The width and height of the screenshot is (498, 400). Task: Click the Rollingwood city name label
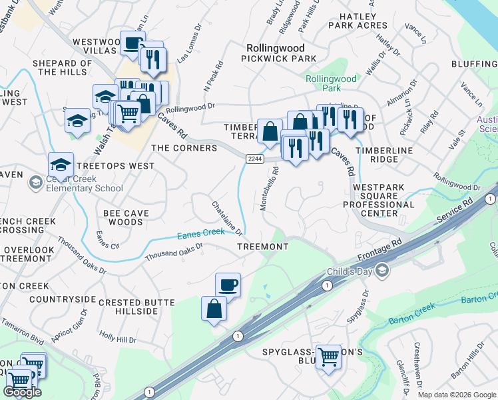tap(275, 48)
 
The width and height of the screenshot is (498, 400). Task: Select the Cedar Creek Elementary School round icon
tap(35, 182)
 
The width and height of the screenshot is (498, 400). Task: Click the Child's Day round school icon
tap(381, 270)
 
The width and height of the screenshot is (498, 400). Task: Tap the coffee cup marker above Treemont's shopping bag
tap(228, 285)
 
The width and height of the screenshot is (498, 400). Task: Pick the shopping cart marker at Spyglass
tap(328, 357)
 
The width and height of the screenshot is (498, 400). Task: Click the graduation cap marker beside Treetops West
tap(61, 164)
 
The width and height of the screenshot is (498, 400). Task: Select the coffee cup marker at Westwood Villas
tap(132, 43)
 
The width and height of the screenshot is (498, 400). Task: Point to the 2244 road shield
tap(254, 158)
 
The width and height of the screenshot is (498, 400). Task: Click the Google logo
tap(23, 392)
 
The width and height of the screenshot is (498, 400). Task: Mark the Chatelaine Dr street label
tap(227, 218)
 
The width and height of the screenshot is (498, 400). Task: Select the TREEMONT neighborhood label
tap(263, 247)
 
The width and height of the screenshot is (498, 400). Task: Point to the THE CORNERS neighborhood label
tap(184, 148)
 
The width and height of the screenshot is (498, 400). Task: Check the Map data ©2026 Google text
tap(457, 395)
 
